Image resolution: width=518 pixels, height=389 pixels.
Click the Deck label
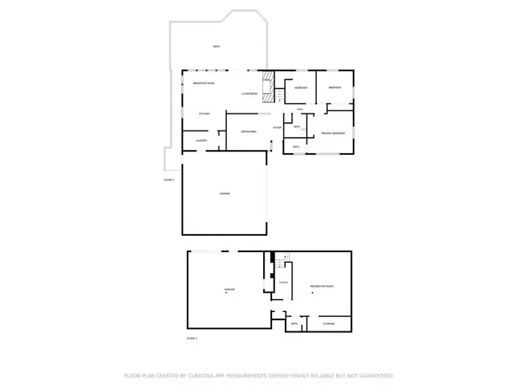point(216,47)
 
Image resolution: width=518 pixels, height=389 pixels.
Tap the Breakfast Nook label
point(204,83)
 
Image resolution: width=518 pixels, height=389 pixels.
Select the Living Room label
point(249,95)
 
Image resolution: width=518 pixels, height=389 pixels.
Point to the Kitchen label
point(205,113)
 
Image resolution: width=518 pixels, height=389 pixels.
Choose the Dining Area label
point(249,130)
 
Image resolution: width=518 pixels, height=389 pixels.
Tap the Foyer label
point(277,127)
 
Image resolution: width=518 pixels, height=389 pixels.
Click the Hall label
point(299,109)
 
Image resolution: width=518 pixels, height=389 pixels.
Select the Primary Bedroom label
point(333,131)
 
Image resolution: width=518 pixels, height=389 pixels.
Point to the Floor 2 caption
point(169,179)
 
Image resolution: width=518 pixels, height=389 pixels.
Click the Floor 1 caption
point(192,337)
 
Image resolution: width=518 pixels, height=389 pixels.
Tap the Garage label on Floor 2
point(224,194)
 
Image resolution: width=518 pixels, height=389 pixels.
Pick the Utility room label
point(284,282)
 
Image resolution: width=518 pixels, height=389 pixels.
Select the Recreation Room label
point(321,287)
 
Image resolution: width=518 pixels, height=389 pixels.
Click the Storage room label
point(329,323)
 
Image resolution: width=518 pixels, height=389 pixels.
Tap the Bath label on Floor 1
point(295,323)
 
